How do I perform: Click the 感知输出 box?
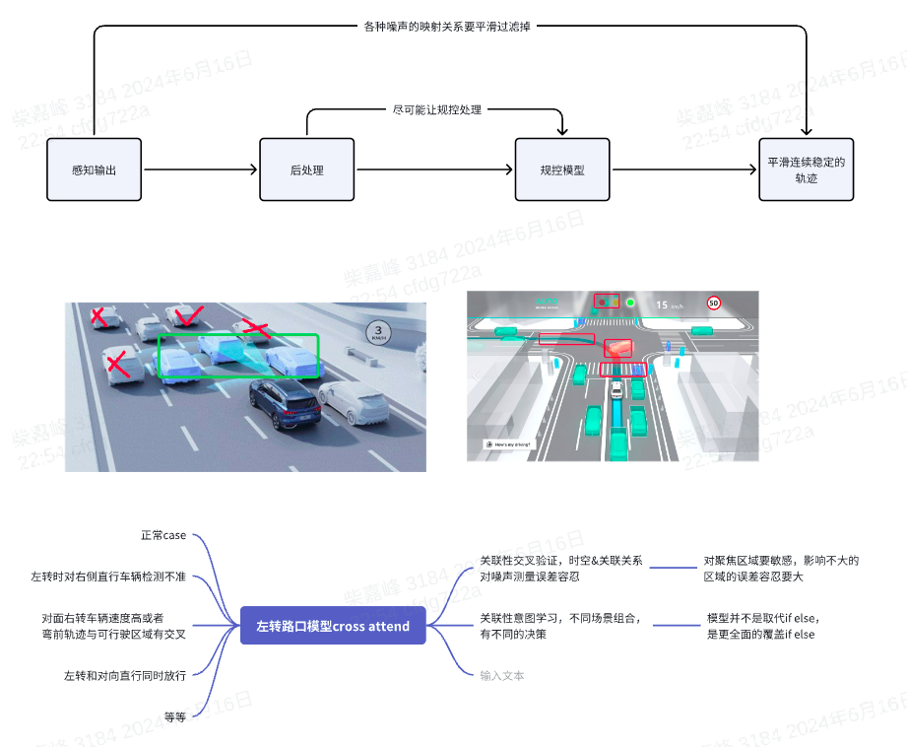pyautogui.click(x=95, y=170)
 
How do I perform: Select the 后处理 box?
pyautogui.click(x=306, y=170)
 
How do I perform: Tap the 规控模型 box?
pyautogui.click(x=562, y=170)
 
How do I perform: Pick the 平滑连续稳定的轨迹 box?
pyautogui.click(x=806, y=170)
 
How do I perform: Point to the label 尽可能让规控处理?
pyautogui.click(x=437, y=109)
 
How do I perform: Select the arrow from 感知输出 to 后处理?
pyautogui.click(x=201, y=170)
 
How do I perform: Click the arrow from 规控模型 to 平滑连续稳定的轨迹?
pyautogui.click(x=684, y=170)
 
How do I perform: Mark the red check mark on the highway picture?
pyautogui.click(x=187, y=315)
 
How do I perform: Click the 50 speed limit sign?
pyautogui.click(x=713, y=304)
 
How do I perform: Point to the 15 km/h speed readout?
pyautogui.click(x=670, y=305)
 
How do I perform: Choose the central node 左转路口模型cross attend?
pyautogui.click(x=333, y=626)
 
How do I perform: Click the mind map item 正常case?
pyautogui.click(x=163, y=535)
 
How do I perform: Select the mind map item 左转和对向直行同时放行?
pyautogui.click(x=125, y=675)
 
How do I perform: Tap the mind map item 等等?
pyautogui.click(x=175, y=717)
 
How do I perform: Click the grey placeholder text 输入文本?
pyautogui.click(x=502, y=675)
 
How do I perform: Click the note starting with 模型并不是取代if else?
pyautogui.click(x=762, y=626)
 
